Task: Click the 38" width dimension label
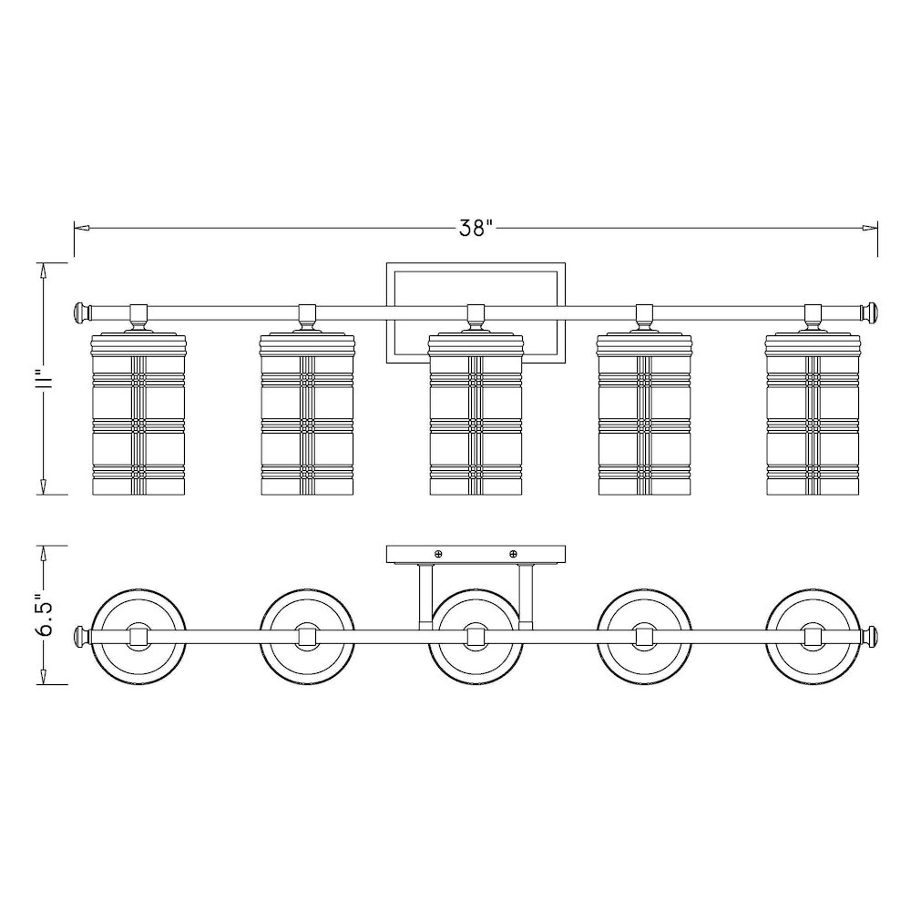(476, 228)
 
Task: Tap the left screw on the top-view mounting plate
(438, 554)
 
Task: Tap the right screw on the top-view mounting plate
(513, 554)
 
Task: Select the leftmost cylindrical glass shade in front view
(138, 414)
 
